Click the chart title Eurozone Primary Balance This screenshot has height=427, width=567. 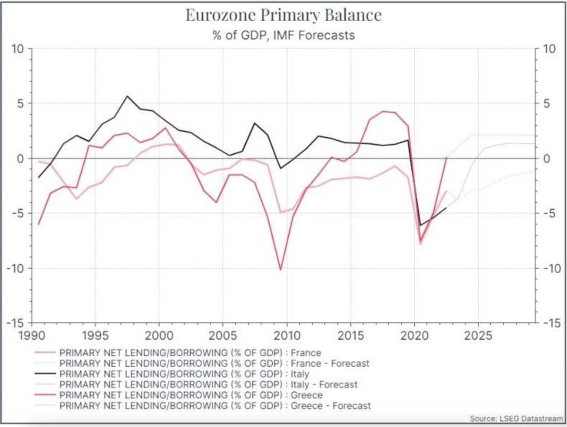click(283, 15)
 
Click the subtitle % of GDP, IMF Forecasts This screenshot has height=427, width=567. click(283, 35)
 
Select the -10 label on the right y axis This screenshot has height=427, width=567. click(548, 268)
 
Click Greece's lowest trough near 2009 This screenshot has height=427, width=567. click(281, 270)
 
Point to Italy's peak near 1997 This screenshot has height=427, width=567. click(127, 96)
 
